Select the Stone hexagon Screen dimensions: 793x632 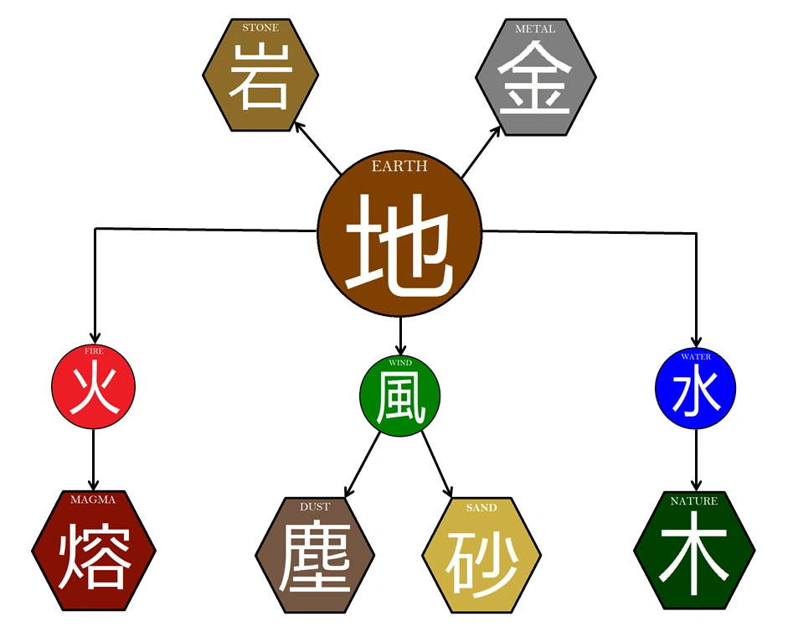tap(260, 75)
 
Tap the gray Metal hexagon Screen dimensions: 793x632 tap(535, 76)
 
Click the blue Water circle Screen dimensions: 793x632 tap(695, 388)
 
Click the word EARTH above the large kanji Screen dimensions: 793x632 tap(399, 167)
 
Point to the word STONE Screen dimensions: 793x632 tap(260, 28)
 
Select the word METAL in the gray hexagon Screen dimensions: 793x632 tap(535, 29)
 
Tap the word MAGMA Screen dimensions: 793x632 tap(93, 500)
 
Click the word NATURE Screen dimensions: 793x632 tap(694, 501)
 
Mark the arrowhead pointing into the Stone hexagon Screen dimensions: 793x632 tap(297, 125)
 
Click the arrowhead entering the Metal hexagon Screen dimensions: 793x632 tap(499, 128)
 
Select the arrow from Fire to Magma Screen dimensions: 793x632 tap(93, 457)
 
